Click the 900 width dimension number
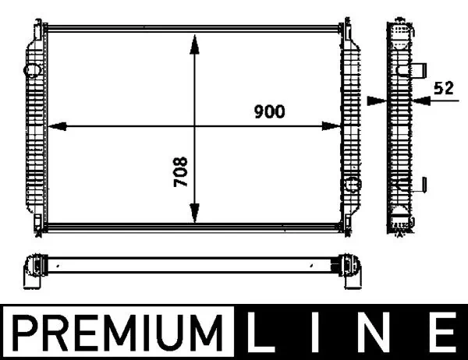(269, 111)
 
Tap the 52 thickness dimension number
(444, 89)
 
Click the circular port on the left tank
(34, 70)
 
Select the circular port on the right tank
(353, 185)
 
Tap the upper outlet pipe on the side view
(418, 69)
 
